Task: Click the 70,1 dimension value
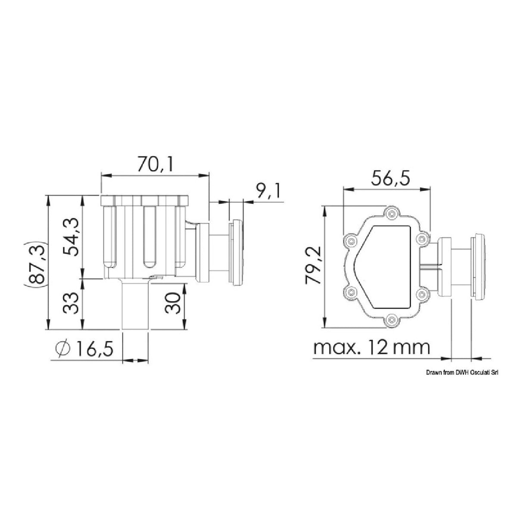[x=155, y=164]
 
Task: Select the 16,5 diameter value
[x=95, y=349]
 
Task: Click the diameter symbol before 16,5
[x=63, y=349]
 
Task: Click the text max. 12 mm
[x=372, y=348]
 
